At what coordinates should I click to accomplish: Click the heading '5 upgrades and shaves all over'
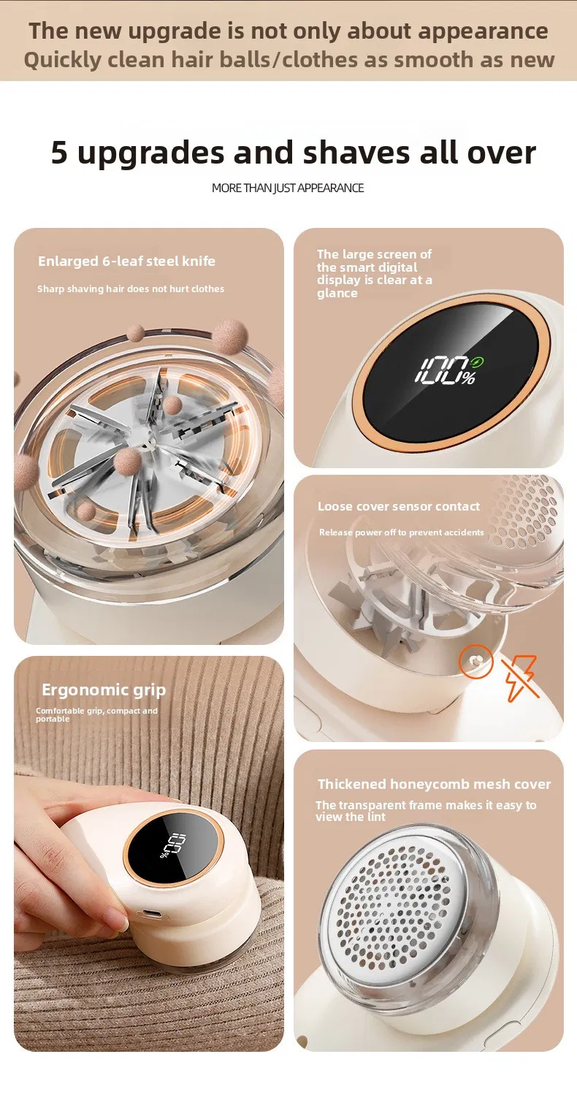click(x=293, y=153)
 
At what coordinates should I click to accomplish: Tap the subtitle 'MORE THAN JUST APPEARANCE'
click(x=288, y=188)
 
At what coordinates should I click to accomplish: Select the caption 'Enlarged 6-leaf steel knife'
click(x=126, y=261)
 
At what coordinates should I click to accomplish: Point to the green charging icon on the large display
click(x=477, y=363)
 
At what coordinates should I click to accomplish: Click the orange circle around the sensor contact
click(x=475, y=661)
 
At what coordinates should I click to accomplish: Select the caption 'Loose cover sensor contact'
click(x=399, y=506)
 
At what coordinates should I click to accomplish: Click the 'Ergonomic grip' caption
click(x=104, y=690)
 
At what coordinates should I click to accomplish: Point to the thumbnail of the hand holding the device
click(x=149, y=855)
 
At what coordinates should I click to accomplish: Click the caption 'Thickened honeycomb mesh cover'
click(x=434, y=784)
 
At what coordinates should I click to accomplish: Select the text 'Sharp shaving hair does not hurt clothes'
click(x=131, y=289)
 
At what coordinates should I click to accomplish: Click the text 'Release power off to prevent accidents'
click(x=402, y=532)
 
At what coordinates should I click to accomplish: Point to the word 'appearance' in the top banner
click(x=484, y=31)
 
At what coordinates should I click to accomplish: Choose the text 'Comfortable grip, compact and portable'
click(x=96, y=714)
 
